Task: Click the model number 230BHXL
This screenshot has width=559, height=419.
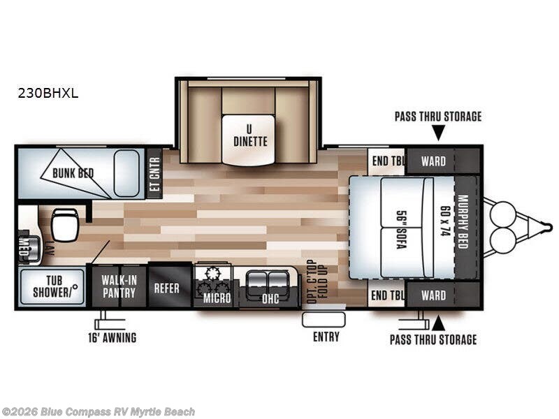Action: tap(48, 94)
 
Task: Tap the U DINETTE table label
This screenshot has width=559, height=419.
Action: tap(250, 136)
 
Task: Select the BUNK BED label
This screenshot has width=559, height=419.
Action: tap(73, 173)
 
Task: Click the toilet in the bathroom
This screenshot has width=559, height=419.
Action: tap(65, 224)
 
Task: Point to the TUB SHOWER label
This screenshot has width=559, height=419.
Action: tap(54, 286)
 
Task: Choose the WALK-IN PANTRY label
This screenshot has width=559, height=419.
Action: tap(119, 286)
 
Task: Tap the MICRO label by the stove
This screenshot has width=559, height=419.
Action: tap(217, 298)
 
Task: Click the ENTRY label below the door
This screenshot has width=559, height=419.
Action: tap(326, 337)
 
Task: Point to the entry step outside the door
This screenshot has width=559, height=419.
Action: tap(324, 320)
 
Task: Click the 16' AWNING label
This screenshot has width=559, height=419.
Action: tap(112, 337)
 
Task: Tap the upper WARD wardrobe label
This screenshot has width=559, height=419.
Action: tap(433, 161)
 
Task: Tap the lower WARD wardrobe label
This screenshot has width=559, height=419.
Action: tap(433, 295)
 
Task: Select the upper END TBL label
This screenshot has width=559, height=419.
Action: tap(388, 161)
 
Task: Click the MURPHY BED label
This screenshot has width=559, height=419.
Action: tap(463, 221)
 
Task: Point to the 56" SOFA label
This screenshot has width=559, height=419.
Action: tap(402, 230)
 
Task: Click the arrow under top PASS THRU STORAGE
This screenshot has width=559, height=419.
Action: tap(439, 133)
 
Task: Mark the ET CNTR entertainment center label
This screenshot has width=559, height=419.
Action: tap(154, 174)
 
